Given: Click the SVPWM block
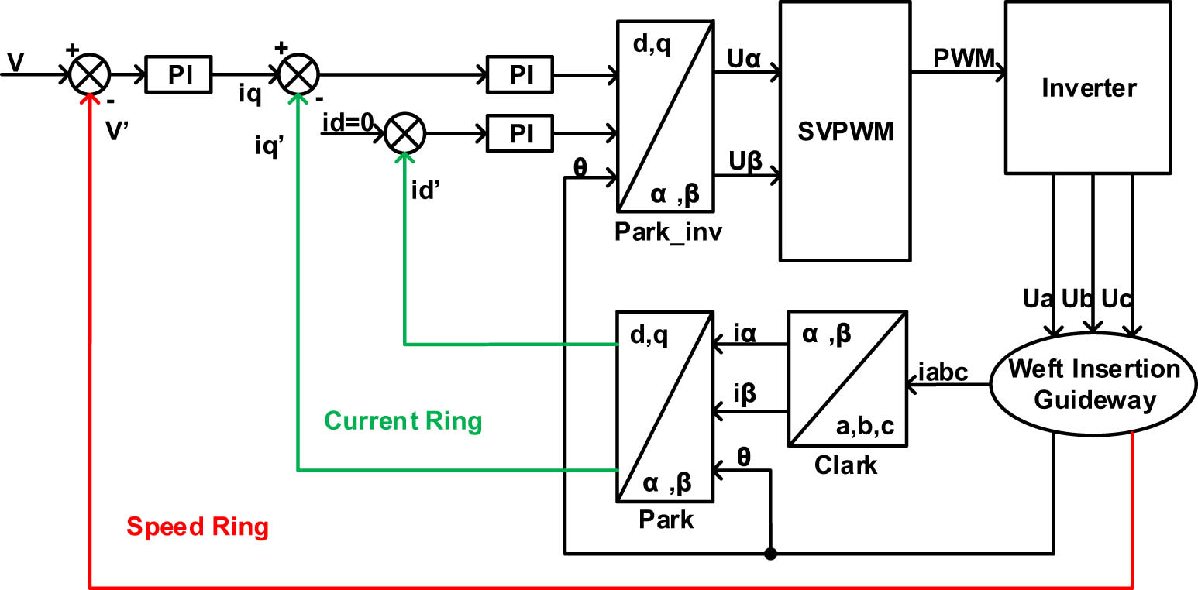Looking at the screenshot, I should pos(844,131).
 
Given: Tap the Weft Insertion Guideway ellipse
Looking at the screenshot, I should pos(1093,384).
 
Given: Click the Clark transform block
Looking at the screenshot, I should pos(848,378).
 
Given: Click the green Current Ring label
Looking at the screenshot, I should pos(403,421).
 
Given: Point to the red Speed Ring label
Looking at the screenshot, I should pos(198,527).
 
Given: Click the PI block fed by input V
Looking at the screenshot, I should pos(179,76).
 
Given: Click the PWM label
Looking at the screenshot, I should pos(962,59).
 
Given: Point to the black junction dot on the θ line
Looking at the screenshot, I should pos(770,554).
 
